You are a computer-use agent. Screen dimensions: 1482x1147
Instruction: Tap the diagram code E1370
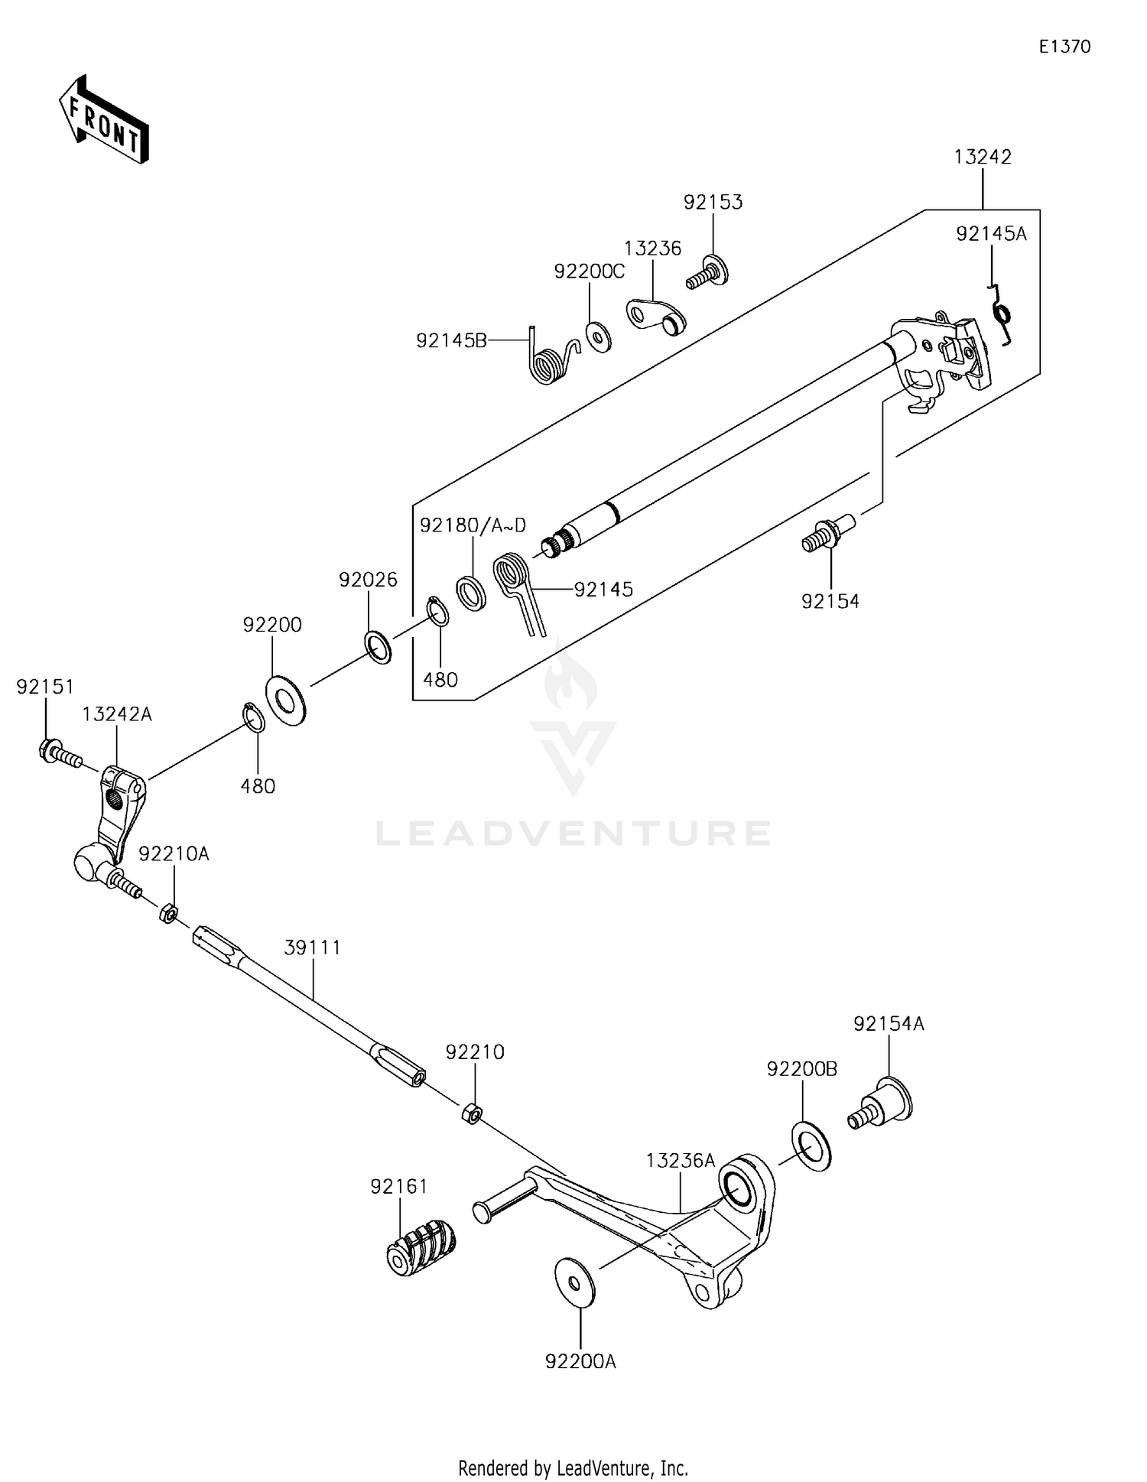pos(1064,47)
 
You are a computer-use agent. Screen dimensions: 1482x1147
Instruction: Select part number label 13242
pos(983,157)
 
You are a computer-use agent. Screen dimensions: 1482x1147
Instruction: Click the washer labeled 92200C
pos(598,337)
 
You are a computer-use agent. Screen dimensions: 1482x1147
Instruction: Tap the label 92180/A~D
pos(473,525)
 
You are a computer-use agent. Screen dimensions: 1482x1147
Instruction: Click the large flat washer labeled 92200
pos(285,700)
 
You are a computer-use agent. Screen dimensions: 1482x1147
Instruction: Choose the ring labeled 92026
pos(379,647)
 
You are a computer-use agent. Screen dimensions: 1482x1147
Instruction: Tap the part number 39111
pos(312,947)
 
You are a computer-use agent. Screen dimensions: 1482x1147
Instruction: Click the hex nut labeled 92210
pos(472,1113)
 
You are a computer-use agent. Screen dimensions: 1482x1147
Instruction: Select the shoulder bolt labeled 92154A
pos(883,1104)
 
